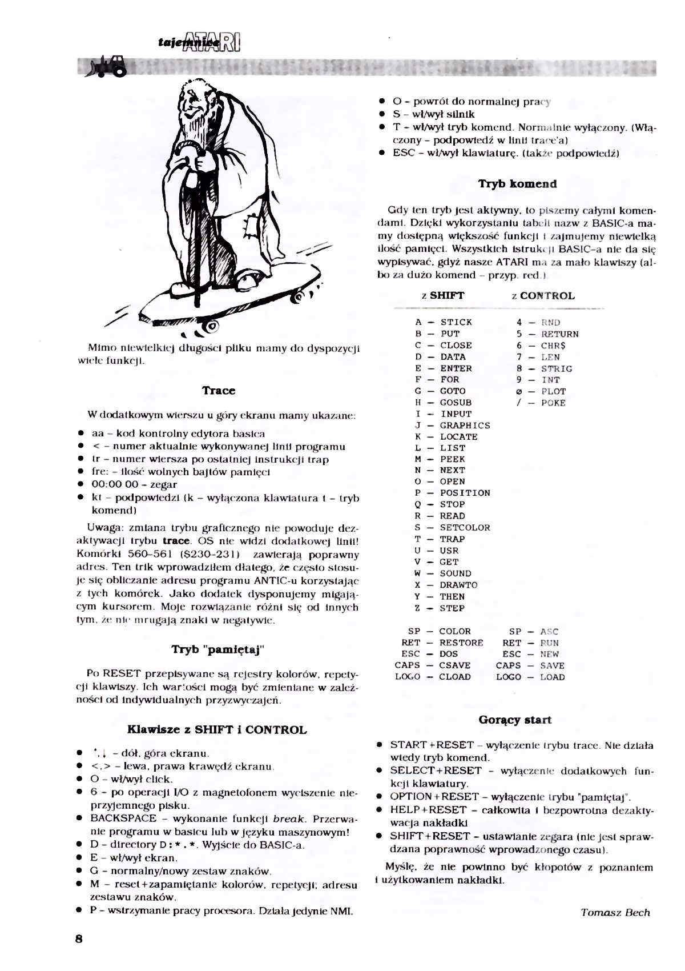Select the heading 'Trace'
pos(218,391)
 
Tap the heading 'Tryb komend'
pos(517,184)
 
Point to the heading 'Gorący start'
pos(515,720)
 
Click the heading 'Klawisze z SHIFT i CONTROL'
pos(216,729)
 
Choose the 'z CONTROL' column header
pos(543,296)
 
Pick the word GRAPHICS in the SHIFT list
pos(465,426)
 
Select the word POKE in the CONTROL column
pos(553,403)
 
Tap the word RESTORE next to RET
pos(461,643)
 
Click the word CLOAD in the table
pos(454,677)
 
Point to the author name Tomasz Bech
pos(615,912)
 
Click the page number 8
pos(79,939)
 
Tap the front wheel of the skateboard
pos(211,327)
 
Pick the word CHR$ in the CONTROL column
pos(553,346)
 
